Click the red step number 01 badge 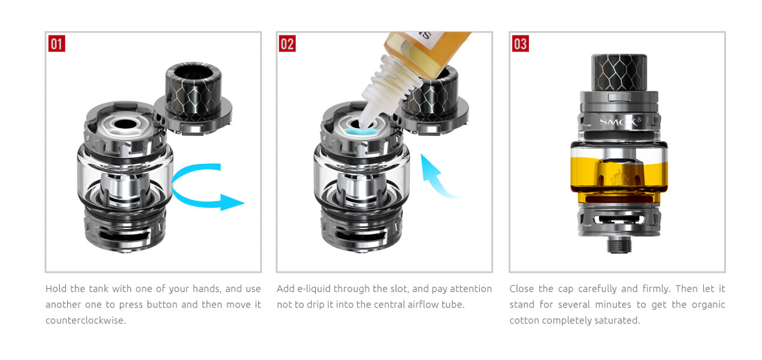pos(57,44)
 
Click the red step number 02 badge pos(288,44)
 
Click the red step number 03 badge pos(520,44)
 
